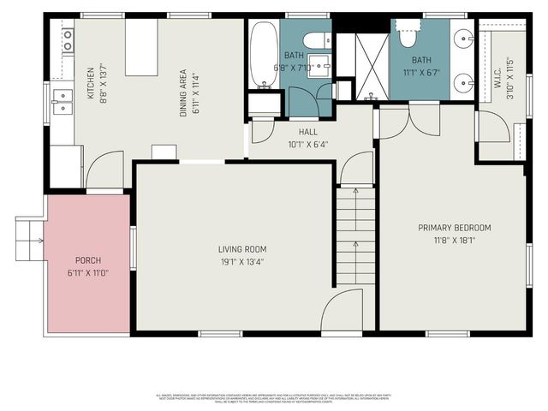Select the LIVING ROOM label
(x=234, y=249)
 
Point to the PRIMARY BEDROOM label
(x=454, y=228)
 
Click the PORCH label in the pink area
(x=88, y=260)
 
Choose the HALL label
(x=308, y=133)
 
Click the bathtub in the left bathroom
(x=263, y=55)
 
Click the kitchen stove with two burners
(x=66, y=39)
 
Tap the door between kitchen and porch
(x=105, y=171)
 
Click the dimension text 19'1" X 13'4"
(x=234, y=261)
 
